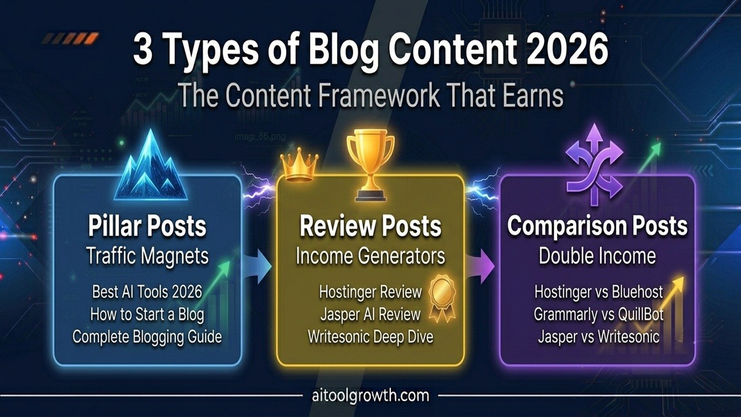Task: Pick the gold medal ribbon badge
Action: [x=442, y=298]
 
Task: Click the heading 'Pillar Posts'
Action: [x=147, y=226]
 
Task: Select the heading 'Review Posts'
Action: [x=371, y=226]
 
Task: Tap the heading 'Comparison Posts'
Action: [x=598, y=226]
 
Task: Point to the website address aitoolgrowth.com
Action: [x=371, y=395]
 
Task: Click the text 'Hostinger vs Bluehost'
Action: [x=598, y=292]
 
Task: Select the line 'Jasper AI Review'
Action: [x=370, y=314]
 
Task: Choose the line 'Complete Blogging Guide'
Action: [x=147, y=337]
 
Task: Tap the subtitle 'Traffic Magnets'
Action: [x=148, y=256]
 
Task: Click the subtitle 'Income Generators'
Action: [x=371, y=256]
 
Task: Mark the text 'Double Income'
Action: [x=598, y=256]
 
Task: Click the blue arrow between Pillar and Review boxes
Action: [x=259, y=267]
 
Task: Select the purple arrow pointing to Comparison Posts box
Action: [x=481, y=266]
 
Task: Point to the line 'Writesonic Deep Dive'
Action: [x=371, y=337]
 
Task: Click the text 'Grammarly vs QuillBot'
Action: [x=598, y=314]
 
